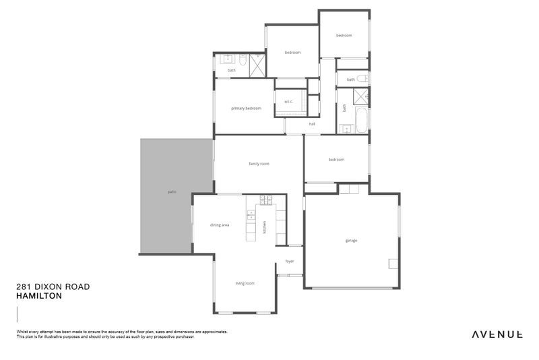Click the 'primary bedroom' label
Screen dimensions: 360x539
(246, 109)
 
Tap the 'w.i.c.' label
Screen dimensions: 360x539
(288, 102)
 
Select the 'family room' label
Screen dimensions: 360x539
(259, 164)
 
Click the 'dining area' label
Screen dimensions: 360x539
(220, 225)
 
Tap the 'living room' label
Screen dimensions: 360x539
(245, 284)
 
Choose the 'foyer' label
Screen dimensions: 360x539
(290, 262)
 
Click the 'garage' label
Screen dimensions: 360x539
(351, 241)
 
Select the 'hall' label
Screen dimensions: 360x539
(312, 125)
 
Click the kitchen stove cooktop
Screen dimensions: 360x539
(265, 200)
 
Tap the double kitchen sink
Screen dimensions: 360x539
(251, 215)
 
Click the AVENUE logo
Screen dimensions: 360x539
(497, 334)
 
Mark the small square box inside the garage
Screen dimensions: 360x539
(392, 264)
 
